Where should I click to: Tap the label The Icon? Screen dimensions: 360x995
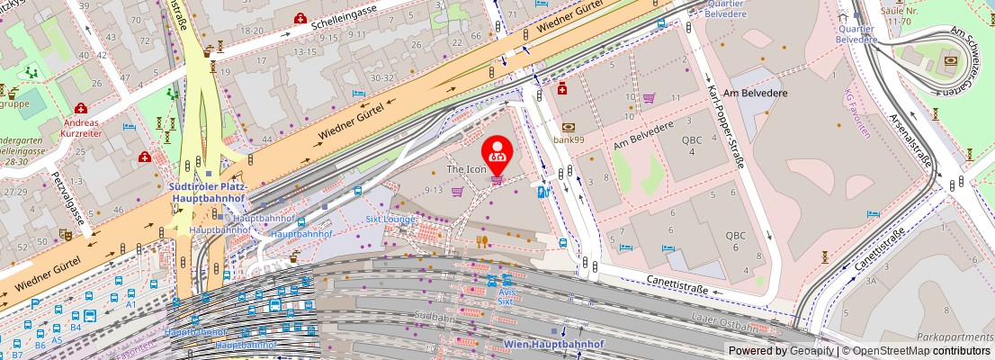click(467, 170)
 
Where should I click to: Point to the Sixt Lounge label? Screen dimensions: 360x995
click(391, 219)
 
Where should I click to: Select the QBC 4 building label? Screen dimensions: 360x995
click(691, 146)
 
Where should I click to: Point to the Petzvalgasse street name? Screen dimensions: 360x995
click(68, 198)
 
